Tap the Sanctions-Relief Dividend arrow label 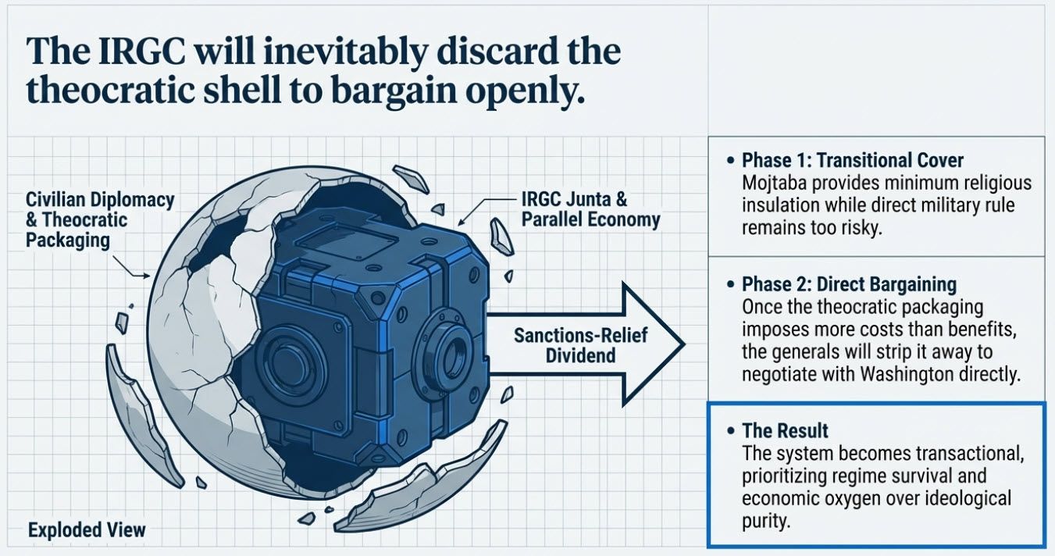(x=564, y=344)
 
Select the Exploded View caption (x=87, y=530)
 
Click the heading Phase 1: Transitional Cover (x=853, y=161)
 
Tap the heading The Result (x=785, y=431)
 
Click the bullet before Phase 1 (x=730, y=161)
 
